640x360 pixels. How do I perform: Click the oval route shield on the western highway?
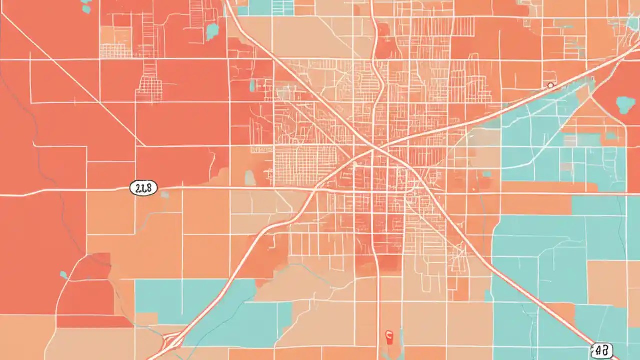(x=143, y=188)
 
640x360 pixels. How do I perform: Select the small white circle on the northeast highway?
(x=550, y=85)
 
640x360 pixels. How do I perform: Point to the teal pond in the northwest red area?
(x=213, y=31)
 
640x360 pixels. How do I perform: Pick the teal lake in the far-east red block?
(x=625, y=104)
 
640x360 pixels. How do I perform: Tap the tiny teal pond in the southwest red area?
(x=63, y=274)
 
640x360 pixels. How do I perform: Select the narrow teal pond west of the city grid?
(x=253, y=85)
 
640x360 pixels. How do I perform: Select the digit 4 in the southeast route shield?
(x=598, y=351)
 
